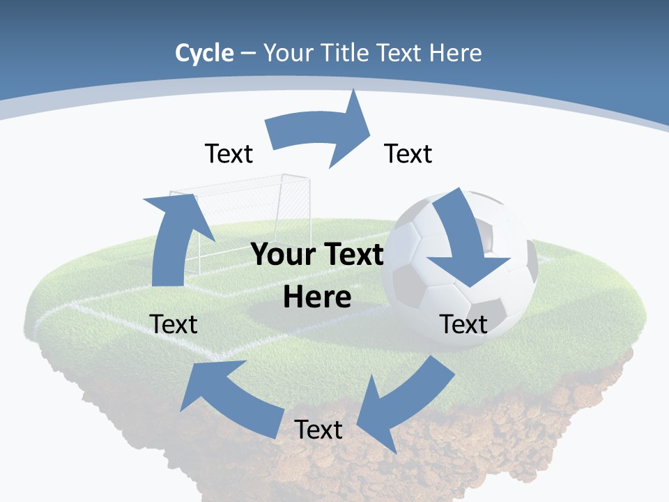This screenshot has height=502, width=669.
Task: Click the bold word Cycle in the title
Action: point(204,53)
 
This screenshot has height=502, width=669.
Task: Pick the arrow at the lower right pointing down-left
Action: point(404,404)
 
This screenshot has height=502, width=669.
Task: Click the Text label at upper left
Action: point(229,153)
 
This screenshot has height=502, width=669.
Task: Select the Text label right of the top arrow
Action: point(408,153)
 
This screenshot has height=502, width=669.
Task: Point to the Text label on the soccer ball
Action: point(464,324)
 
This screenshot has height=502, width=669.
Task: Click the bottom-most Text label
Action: point(318,429)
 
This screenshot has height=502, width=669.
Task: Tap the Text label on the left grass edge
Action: point(174,324)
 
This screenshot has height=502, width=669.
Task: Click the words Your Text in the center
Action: point(318,255)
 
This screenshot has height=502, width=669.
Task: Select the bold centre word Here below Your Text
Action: point(318,298)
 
